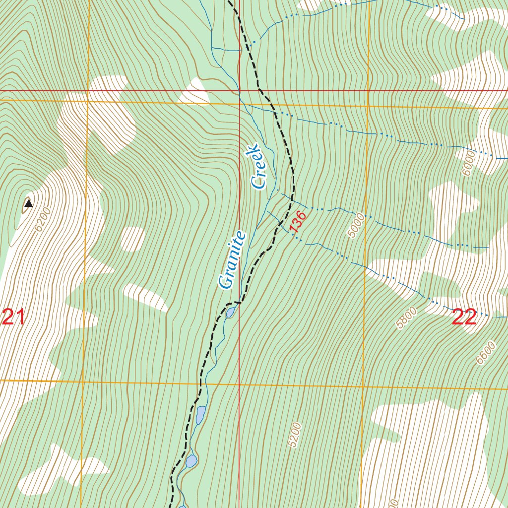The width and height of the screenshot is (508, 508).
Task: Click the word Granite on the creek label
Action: point(232,260)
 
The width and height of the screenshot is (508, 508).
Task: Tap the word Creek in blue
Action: point(259,167)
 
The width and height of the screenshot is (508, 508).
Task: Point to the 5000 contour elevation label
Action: point(356,226)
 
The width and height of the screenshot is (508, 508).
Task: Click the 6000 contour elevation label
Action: point(468,163)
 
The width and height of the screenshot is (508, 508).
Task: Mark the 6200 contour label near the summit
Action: point(43,220)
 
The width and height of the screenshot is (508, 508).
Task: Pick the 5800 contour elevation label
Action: point(407,318)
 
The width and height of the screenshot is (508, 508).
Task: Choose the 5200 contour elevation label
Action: point(295,435)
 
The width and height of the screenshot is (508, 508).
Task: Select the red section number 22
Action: point(464,317)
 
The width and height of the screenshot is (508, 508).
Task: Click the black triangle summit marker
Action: point(28,203)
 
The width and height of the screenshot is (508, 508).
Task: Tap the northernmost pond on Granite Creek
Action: point(231,313)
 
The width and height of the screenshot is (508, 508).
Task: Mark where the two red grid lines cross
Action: point(239,91)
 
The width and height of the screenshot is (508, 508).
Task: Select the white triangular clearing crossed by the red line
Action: point(194,92)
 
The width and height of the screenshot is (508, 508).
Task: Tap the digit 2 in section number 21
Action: point(8,317)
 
